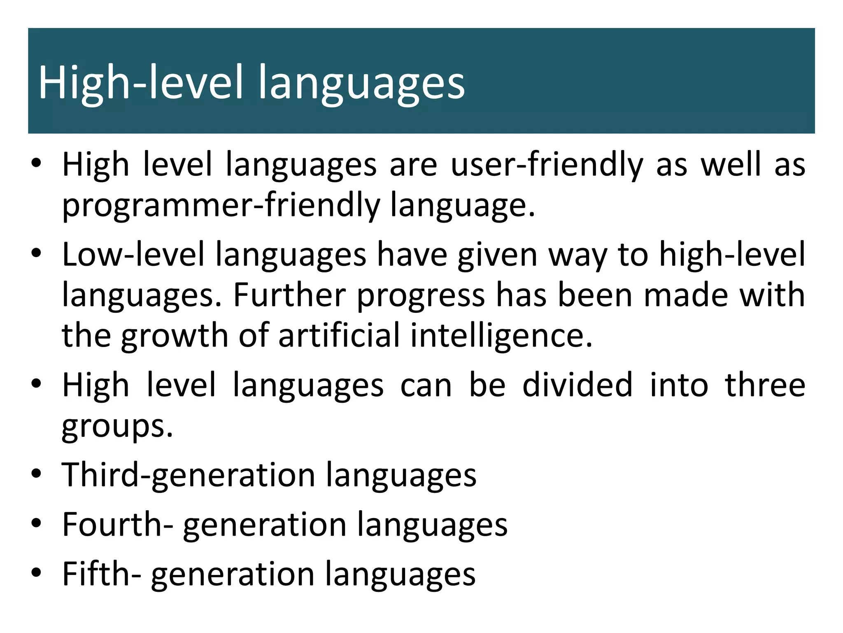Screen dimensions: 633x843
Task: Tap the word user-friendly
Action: coord(547,165)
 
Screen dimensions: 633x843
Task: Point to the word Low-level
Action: coord(133,254)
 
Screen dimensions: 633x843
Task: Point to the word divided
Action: coord(577,385)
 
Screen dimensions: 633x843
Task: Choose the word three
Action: coord(765,385)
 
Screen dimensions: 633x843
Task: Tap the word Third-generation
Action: coord(189,475)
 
